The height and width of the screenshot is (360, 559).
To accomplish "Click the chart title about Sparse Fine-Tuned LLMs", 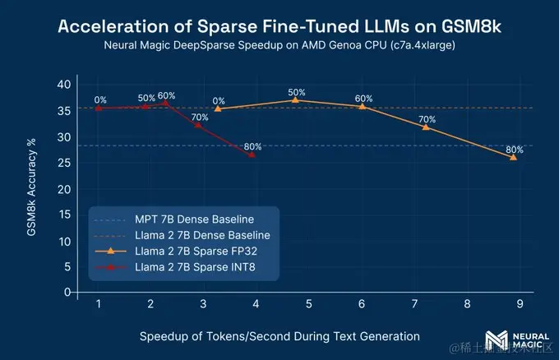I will pos(279,25).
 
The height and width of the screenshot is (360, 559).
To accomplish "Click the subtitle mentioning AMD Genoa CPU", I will pos(279,46).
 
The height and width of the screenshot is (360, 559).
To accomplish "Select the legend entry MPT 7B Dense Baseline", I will pos(194,220).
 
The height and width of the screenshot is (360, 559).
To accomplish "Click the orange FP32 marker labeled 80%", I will pos(514,156).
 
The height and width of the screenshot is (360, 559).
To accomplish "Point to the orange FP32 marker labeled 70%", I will pos(426,127).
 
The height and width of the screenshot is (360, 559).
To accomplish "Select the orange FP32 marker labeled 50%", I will pos(295,99).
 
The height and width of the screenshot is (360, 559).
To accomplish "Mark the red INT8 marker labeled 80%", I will pos(252,155).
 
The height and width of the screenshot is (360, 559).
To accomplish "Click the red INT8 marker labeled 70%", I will pos(197,125).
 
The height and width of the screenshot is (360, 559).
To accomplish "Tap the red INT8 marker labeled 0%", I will pos(99,108).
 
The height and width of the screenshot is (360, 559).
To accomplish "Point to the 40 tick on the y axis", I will pos(66,85).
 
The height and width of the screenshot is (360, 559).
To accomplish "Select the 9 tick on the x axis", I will pos(519,304).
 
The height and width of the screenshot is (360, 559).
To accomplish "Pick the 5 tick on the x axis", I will pos(308,304).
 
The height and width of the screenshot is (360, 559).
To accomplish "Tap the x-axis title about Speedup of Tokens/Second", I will pos(279,335).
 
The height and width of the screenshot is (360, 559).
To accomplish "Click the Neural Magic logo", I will pos(498,341).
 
